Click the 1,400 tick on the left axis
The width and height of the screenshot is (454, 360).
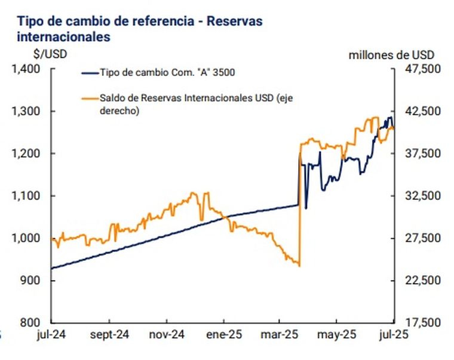pos(28,69)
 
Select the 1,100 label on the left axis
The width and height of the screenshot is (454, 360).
pos(28,196)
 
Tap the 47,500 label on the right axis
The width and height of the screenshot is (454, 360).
pos(422,69)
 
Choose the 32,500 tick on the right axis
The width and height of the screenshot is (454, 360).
pos(422,196)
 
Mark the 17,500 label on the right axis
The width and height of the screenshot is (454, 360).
pos(422,322)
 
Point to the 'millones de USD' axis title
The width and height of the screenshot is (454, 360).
pos(391,54)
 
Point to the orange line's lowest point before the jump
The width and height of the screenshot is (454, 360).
pos(298,266)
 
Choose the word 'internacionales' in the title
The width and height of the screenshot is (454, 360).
pos(64,36)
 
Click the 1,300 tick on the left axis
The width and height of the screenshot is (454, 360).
pos(28,112)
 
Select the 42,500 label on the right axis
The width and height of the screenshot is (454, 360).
pos(422,112)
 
